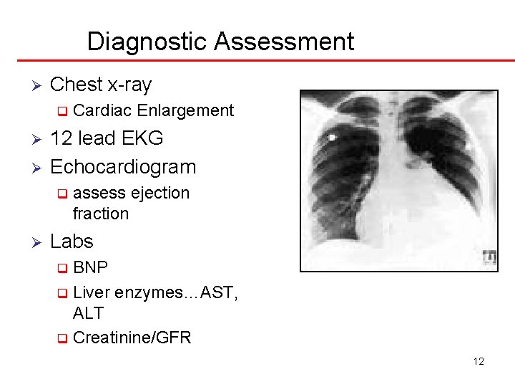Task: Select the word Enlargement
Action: pos(185,110)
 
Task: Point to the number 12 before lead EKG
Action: pos(60,138)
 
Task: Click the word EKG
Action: pos(143,138)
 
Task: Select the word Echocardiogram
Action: pos(123,167)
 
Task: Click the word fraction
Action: pos(101,214)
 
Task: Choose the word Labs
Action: pos(72,242)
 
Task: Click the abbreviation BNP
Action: pos(91,268)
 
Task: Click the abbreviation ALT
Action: pos(88,313)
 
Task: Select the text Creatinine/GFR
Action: pos(132,338)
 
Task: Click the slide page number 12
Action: pos(479,361)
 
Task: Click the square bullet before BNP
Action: pos(63,269)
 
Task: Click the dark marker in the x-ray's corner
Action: pos(489,257)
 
